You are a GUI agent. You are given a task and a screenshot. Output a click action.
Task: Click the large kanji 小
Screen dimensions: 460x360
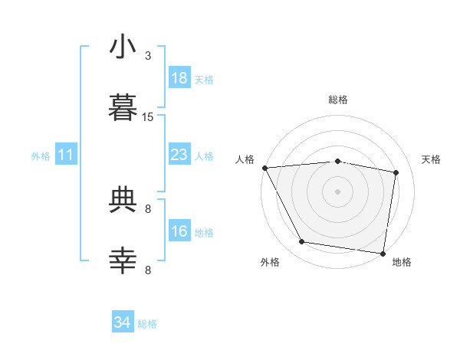[x=123, y=46]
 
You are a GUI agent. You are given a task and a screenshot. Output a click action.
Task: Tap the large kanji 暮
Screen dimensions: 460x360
[x=123, y=107]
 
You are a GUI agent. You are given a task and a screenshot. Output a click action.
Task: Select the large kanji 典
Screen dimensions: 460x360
[x=123, y=199]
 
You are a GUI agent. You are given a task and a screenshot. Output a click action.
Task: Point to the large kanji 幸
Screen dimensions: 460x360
[x=123, y=260]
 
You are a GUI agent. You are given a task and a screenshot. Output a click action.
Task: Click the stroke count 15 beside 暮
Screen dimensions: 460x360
[x=147, y=117]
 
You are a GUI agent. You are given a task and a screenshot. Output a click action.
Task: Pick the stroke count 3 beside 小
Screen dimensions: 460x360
[x=148, y=56]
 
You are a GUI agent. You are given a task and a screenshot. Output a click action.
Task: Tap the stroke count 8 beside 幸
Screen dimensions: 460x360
[x=148, y=270]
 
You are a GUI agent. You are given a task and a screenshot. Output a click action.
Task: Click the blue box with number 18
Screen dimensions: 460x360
[x=179, y=77]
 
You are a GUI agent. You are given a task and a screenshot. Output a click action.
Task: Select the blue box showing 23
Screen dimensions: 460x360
[x=179, y=154]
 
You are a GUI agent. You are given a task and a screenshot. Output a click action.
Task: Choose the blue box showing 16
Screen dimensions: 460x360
[x=179, y=230]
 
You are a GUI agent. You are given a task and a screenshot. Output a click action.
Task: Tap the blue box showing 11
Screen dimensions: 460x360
[x=66, y=154]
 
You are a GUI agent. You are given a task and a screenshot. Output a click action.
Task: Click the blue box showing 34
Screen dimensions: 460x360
[x=123, y=321]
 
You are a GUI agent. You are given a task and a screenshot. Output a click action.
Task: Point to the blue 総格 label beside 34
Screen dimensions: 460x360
[x=147, y=324]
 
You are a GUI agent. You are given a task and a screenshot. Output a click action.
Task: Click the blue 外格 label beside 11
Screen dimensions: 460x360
[x=41, y=156]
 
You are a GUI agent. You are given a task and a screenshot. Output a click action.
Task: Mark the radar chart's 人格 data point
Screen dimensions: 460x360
[x=265, y=168]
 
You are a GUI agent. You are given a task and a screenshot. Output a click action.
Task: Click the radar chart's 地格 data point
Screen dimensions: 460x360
[x=383, y=254]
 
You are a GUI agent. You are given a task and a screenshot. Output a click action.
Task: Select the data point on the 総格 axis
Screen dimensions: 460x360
[x=337, y=162]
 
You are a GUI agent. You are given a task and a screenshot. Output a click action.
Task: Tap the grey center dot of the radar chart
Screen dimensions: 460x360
[x=337, y=191]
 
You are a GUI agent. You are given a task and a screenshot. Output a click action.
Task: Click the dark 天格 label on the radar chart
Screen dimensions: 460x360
[x=431, y=159]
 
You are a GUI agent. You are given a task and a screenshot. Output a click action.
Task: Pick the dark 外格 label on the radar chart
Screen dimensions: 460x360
[x=270, y=262]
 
